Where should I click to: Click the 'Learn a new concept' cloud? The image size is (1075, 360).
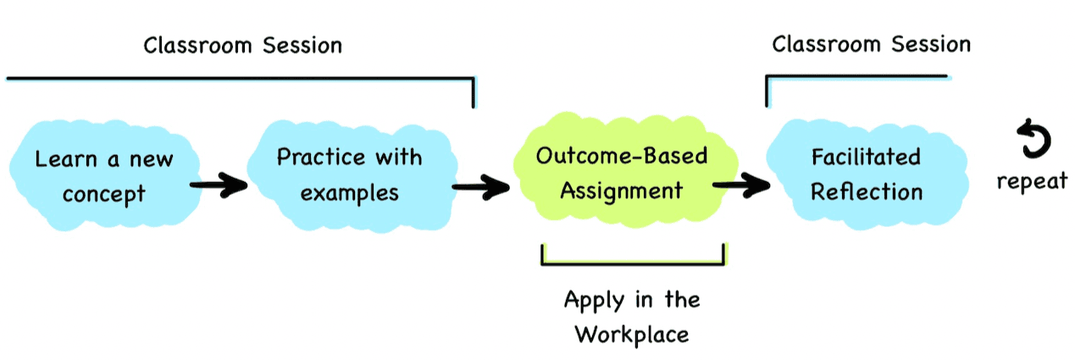103,176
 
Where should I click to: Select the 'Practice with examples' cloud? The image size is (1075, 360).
349,174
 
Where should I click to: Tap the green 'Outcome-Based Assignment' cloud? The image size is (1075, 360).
621,173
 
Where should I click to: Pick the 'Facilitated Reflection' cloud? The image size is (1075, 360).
866,174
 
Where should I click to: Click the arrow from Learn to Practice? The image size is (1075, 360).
218,186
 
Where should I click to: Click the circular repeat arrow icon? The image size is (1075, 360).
1033,140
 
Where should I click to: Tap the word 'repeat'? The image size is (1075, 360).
1031,181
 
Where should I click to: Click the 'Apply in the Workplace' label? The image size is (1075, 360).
632,316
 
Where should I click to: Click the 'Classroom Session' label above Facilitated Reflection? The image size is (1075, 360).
871,43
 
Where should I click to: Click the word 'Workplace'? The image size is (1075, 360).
632,334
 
